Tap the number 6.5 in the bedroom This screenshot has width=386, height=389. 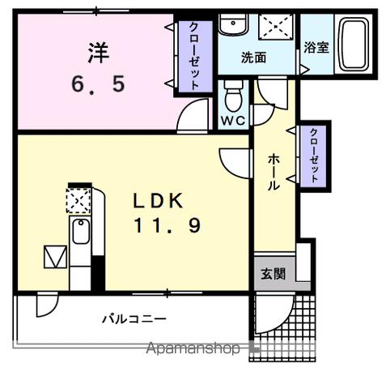click(96, 83)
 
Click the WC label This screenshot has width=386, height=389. click(232, 120)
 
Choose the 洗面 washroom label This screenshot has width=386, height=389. click(253, 58)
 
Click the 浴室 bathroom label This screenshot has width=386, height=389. click(316, 48)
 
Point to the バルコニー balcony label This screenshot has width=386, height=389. click(134, 318)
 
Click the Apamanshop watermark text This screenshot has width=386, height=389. click(193, 349)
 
